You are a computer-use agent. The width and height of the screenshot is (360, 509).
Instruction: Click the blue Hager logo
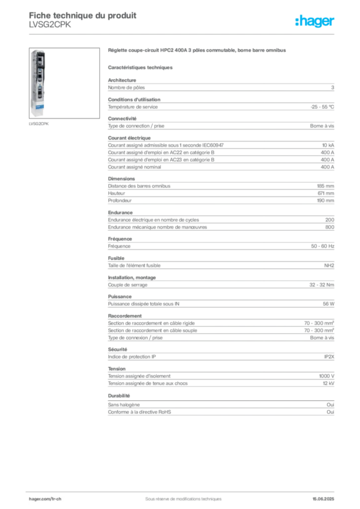click(316, 22)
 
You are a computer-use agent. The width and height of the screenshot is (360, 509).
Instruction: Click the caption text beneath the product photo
click(39, 123)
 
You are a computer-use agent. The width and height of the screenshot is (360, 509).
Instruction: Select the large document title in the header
click(83, 14)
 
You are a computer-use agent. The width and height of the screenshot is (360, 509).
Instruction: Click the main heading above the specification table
click(196, 51)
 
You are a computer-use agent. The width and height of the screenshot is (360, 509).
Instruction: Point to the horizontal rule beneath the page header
click(183, 33)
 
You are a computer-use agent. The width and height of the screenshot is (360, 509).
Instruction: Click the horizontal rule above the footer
click(183, 490)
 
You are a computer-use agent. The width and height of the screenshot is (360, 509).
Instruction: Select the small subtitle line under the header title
click(50, 29)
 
